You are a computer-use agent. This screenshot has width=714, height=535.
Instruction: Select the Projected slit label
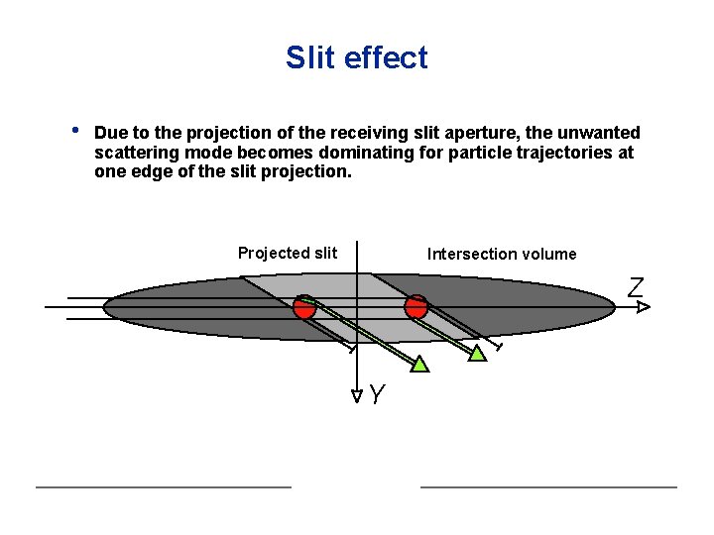(x=288, y=253)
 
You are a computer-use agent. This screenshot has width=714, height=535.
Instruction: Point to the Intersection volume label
(x=502, y=254)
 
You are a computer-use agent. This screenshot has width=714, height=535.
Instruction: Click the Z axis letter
(x=636, y=288)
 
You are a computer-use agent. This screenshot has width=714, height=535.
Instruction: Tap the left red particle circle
(x=304, y=307)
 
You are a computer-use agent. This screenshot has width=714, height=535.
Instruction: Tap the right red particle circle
(x=416, y=306)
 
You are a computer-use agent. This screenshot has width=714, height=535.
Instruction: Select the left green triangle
(x=420, y=364)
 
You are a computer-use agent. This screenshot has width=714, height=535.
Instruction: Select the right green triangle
(x=478, y=353)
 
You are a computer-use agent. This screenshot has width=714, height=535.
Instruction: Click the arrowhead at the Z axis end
(x=643, y=308)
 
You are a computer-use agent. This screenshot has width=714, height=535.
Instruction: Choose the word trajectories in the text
(x=566, y=153)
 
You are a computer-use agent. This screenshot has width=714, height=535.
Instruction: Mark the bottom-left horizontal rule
(x=164, y=486)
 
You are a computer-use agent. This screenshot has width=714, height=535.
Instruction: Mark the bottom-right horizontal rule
(x=548, y=486)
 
